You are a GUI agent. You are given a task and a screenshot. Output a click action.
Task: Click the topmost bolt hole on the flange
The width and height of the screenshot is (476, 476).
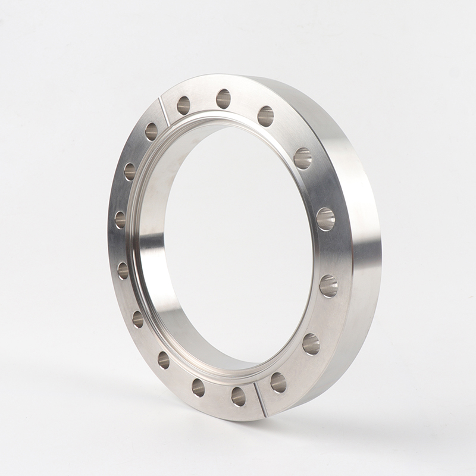(223, 99)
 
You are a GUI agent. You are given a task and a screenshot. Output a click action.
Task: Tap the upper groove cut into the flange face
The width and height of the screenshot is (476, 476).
(164, 112)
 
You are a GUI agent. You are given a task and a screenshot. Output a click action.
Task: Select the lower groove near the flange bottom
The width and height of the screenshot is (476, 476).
(259, 397)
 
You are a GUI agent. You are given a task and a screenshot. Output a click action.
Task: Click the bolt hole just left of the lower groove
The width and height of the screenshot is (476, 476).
(239, 396)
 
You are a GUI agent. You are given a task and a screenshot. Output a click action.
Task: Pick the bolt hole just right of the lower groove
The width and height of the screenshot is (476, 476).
(278, 382)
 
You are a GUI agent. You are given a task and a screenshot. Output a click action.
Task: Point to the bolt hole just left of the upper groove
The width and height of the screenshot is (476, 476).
(151, 131)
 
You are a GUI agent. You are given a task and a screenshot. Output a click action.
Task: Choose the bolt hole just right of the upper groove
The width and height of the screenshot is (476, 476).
(183, 105)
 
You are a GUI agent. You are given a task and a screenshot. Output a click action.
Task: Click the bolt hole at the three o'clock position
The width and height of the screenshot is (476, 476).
(325, 219)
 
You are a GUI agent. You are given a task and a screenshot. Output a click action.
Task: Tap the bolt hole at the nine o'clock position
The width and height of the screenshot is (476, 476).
(120, 220)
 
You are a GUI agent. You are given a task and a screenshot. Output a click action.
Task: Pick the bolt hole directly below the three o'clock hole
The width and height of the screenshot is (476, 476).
(328, 286)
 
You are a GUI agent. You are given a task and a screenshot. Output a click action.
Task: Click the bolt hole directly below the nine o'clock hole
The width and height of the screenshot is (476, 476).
(123, 271)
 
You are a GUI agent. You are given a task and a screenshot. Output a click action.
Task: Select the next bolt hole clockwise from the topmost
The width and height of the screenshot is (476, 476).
(265, 116)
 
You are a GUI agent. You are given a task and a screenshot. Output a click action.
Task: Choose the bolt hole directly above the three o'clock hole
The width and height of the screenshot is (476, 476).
(303, 158)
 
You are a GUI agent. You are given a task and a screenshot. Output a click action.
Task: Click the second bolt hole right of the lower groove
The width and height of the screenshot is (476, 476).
(311, 344)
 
